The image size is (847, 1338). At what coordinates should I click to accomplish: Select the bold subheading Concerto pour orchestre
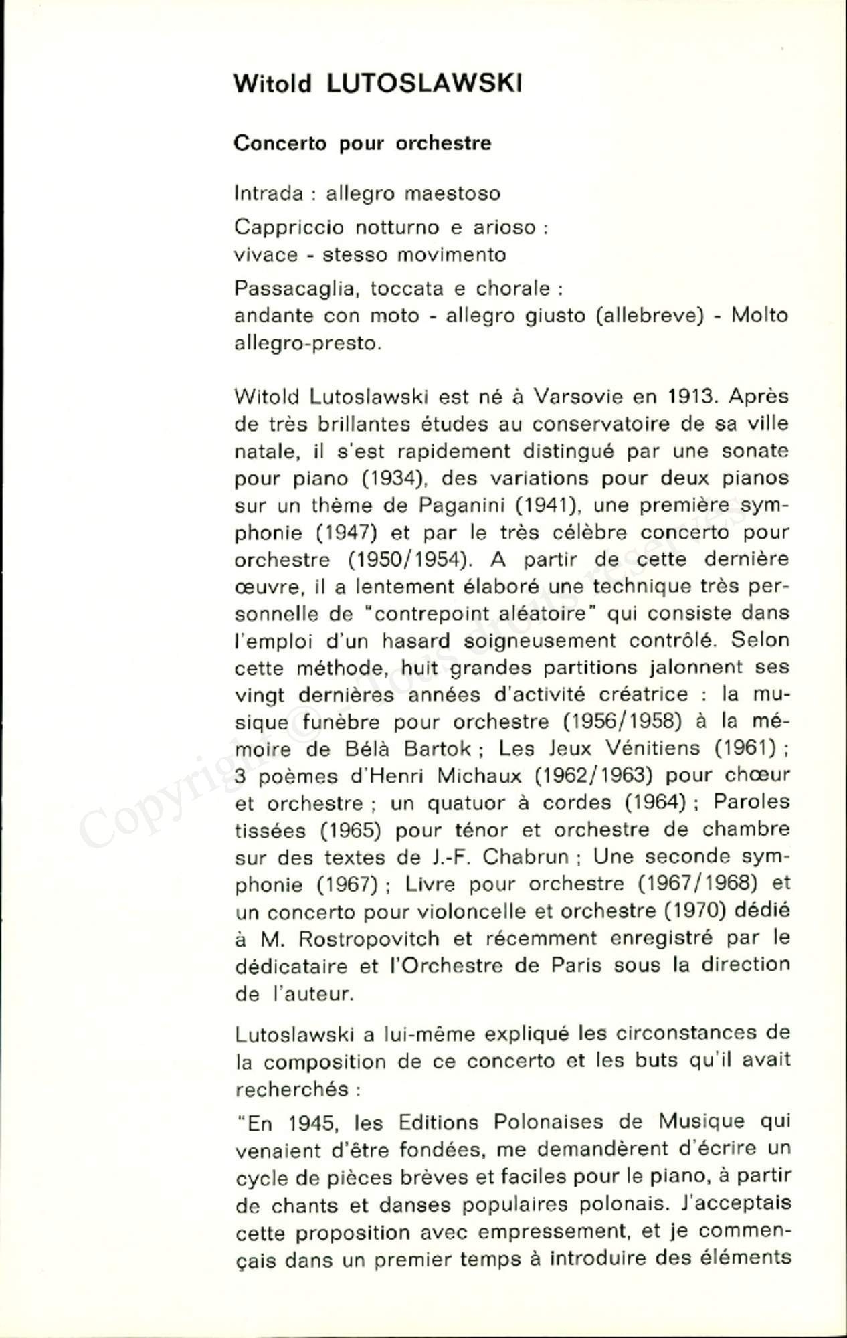[x=363, y=143]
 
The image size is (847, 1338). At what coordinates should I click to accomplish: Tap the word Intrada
[x=268, y=193]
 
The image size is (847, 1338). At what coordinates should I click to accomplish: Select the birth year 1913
[x=692, y=397]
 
